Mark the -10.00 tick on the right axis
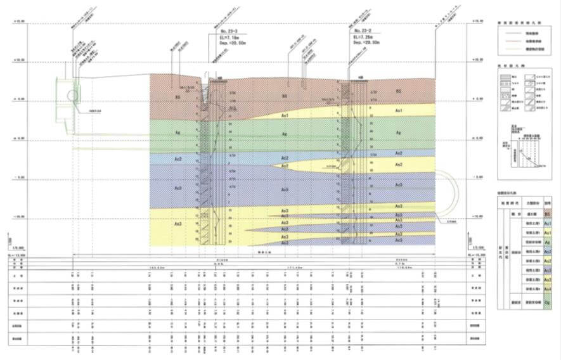tap(478, 217)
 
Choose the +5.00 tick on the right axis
tap(478, 100)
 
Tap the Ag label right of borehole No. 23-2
tap(399, 132)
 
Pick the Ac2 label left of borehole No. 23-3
tap(179, 160)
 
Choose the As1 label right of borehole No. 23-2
tap(399, 110)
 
